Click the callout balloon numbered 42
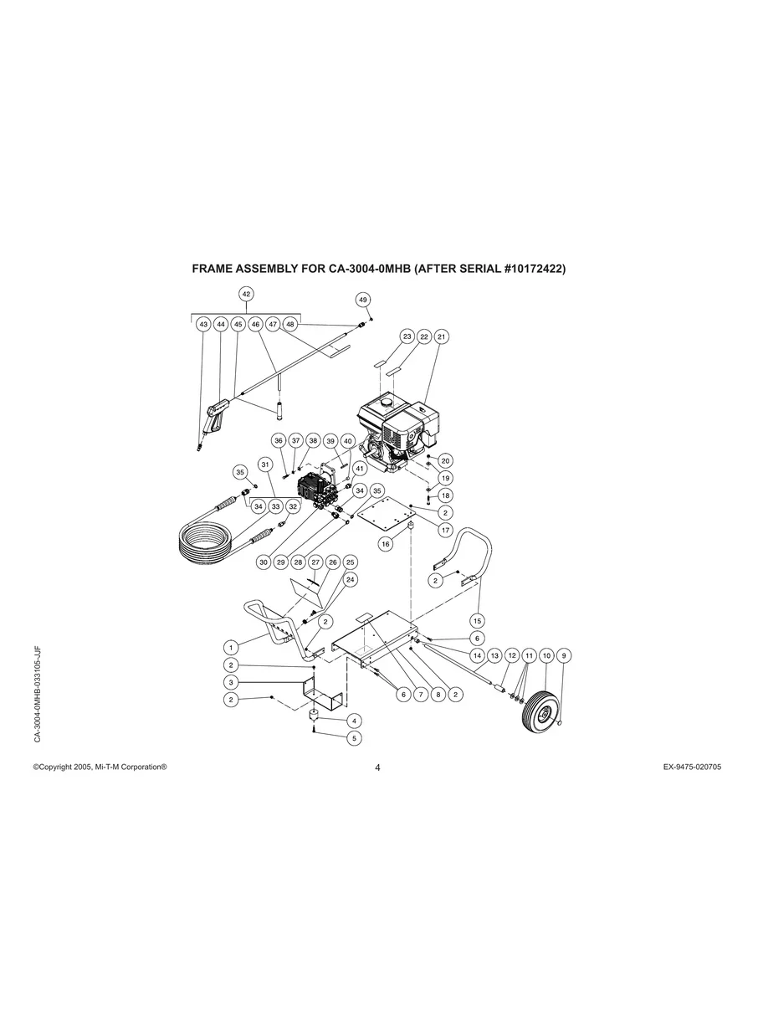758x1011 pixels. pos(246,294)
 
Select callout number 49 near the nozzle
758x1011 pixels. pos(362,300)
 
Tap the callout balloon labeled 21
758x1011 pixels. pos(442,336)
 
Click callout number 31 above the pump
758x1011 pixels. pos(265,464)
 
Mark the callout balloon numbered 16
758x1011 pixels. pos(386,544)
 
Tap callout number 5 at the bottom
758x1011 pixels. pos(355,738)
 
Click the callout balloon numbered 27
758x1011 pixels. pos(315,562)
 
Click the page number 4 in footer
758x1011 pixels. pos(378,768)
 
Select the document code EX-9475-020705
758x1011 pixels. pos(685,767)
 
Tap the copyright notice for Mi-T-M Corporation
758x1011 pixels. pos(100,767)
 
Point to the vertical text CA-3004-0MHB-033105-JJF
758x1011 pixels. pos(38,694)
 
